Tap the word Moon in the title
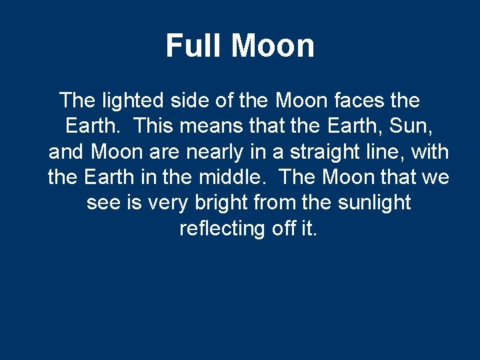273,46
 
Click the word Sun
419,127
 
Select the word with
431,152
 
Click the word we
435,178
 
